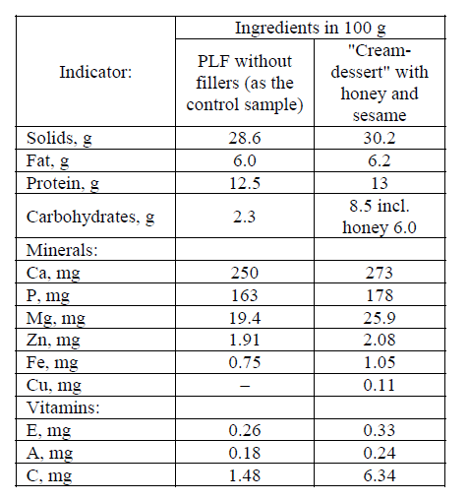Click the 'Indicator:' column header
pyautogui.click(x=95, y=72)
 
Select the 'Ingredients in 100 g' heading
pyautogui.click(x=311, y=28)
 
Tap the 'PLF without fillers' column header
pyautogui.click(x=245, y=83)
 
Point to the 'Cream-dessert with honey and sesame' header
pyautogui.click(x=380, y=83)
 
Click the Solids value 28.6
pyautogui.click(x=245, y=138)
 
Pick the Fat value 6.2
pyautogui.click(x=380, y=160)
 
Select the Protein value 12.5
pyautogui.click(x=245, y=183)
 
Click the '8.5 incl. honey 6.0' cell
pyautogui.click(x=380, y=217)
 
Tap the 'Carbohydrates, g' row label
pyautogui.click(x=90, y=218)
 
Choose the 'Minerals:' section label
pyautogui.click(x=62, y=250)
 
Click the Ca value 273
pyautogui.click(x=380, y=273)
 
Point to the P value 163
pyautogui.click(x=245, y=295)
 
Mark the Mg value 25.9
pyautogui.click(x=380, y=318)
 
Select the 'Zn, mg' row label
pyautogui.click(x=53, y=341)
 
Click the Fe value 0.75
pyautogui.click(x=245, y=362)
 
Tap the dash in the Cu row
pyautogui.click(x=245, y=386)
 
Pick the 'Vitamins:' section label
pyautogui.click(x=63, y=407)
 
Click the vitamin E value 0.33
pyautogui.click(x=380, y=430)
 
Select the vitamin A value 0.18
pyautogui.click(x=245, y=453)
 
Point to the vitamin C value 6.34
pyautogui.click(x=380, y=475)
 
